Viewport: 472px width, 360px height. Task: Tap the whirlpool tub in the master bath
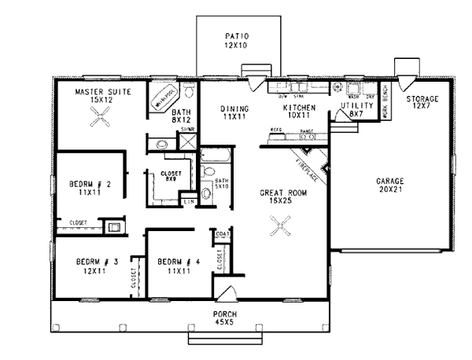(x=164, y=98)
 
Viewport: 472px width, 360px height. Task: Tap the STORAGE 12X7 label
(x=422, y=103)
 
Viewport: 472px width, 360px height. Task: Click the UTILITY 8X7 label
(x=354, y=109)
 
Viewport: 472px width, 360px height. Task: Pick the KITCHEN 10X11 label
(x=299, y=111)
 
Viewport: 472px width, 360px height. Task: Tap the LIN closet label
(x=188, y=203)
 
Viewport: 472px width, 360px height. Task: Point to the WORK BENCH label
(x=385, y=101)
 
